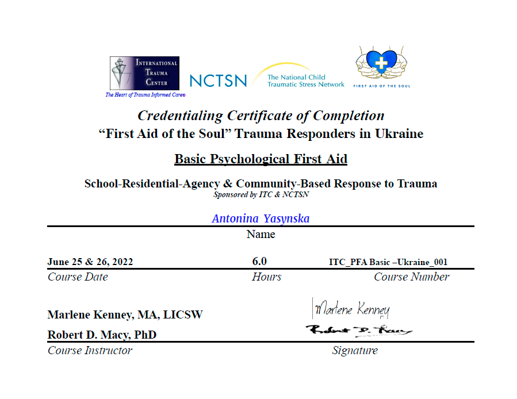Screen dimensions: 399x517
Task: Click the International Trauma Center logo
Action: (144, 73)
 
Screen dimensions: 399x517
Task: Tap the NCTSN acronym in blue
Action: (218, 81)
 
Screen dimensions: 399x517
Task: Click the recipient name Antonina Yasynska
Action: (261, 218)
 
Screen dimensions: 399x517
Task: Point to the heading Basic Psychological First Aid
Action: (261, 159)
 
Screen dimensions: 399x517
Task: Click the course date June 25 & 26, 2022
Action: (90, 262)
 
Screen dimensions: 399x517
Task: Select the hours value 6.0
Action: (259, 262)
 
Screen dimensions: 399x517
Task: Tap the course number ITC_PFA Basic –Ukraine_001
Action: (388, 262)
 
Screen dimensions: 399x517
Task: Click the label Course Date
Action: (78, 277)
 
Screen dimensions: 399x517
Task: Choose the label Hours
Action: (266, 277)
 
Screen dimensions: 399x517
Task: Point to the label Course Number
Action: (411, 277)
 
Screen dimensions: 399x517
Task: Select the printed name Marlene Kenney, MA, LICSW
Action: (125, 315)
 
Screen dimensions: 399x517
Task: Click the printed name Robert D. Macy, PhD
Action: (102, 335)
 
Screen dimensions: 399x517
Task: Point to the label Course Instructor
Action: (90, 350)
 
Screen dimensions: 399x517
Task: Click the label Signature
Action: (354, 350)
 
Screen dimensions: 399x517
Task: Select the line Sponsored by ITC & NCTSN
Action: (261, 194)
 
